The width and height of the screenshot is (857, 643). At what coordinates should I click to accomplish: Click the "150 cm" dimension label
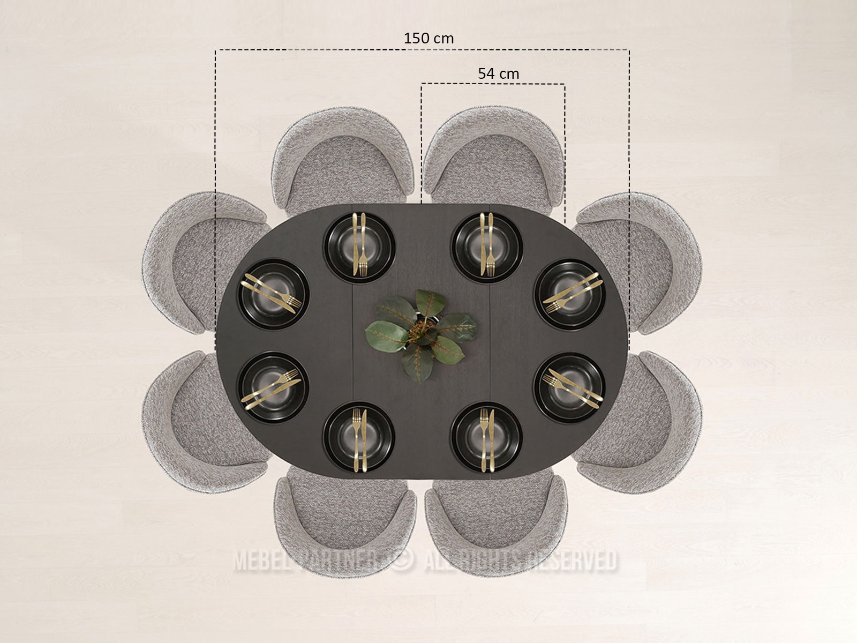coord(428,38)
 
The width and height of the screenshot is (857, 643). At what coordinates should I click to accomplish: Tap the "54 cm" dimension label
coord(498,73)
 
